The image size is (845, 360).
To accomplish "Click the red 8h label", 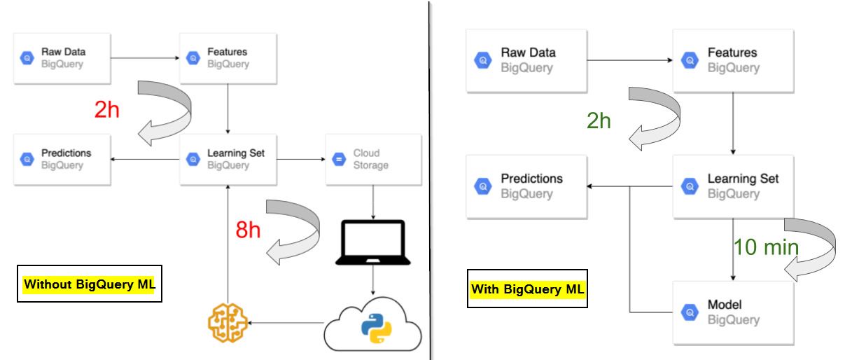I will click(x=249, y=230).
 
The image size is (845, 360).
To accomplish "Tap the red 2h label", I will click(x=107, y=109).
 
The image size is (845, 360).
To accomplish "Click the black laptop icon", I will click(x=371, y=242).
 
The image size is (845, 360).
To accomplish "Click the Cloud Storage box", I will click(x=365, y=160).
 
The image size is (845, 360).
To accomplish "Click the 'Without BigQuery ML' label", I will click(x=88, y=284).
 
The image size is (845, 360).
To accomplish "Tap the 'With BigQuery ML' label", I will click(x=526, y=289).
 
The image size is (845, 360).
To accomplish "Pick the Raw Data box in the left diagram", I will click(x=62, y=58).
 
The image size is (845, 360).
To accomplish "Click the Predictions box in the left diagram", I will click(x=62, y=160).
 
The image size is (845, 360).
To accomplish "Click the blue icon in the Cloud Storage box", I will click(x=340, y=160).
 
